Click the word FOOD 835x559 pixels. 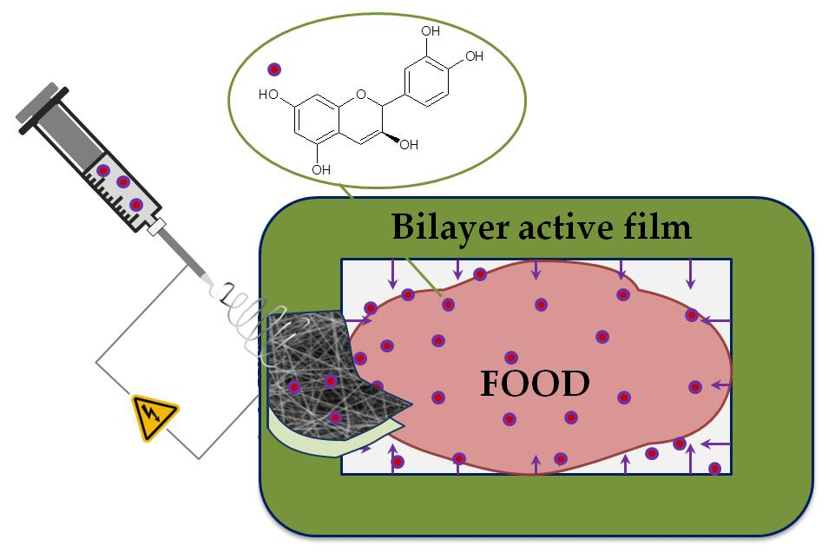tap(535, 383)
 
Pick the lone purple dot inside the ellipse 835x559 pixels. tap(274, 69)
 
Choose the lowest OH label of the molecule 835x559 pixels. tap(321, 169)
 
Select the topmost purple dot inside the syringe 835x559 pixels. tap(104, 170)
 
